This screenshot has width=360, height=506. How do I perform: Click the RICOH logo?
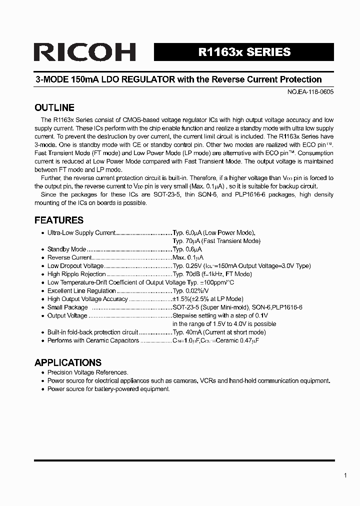pyautogui.click(x=85, y=52)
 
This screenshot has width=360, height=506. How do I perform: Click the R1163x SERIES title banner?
pyautogui.click(x=244, y=52)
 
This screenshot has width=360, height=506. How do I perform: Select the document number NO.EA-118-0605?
pyautogui.click(x=304, y=92)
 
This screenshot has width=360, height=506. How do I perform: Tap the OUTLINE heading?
pyautogui.click(x=54, y=107)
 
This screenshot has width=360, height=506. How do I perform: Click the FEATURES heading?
pyautogui.click(x=59, y=220)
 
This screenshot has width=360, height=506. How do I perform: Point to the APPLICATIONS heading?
pyautogui.click(x=68, y=362)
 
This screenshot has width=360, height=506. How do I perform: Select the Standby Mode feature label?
pyautogui.click(x=66, y=249)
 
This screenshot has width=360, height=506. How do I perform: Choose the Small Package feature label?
pyautogui.click(x=67, y=307)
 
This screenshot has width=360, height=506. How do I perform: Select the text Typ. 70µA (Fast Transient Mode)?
pyautogui.click(x=216, y=240)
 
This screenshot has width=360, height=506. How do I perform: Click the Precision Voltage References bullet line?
pyautogui.click(x=87, y=372)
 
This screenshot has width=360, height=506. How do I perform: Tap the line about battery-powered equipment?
pyautogui.click(x=108, y=389)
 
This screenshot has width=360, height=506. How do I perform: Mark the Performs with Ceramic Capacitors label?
pyautogui.click(x=93, y=340)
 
